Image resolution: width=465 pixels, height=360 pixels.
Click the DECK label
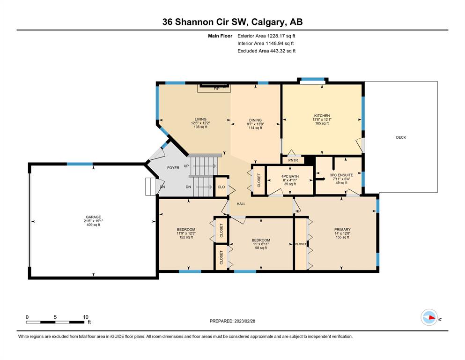[401, 137]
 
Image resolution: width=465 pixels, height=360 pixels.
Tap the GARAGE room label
[93, 217]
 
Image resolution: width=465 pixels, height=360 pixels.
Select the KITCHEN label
[322, 116]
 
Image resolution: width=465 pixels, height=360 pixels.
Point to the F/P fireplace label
[217, 89]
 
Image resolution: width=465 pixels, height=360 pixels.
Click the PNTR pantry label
[293, 160]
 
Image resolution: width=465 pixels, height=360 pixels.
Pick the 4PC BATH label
[290, 176]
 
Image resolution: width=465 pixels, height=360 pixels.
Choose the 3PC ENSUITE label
[341, 175]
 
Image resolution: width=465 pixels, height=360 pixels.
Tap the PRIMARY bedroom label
[342, 229]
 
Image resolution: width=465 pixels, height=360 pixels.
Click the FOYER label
[173, 168]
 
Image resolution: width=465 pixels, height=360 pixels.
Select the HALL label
[241, 204]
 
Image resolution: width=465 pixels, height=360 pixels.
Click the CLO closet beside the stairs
[221, 187]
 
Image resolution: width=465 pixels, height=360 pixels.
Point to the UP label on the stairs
[186, 166]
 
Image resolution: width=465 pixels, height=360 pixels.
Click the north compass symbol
[429, 317]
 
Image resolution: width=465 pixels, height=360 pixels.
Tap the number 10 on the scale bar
[85, 317]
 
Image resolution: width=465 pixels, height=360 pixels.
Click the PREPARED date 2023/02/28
[244, 321]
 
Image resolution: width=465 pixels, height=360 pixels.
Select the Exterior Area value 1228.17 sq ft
[281, 36]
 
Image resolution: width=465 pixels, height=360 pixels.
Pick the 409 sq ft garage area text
[93, 225]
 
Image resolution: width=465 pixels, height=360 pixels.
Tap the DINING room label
[255, 120]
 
